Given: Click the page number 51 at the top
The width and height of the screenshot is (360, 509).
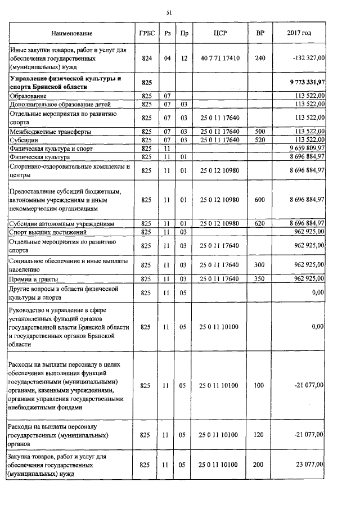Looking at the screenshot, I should click(x=169, y=12).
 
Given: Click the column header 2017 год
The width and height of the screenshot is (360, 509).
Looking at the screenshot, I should click(x=299, y=34).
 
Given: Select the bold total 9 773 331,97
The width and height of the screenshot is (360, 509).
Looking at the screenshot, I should click(x=303, y=83).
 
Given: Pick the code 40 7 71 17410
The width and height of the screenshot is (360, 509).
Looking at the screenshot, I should click(x=220, y=58).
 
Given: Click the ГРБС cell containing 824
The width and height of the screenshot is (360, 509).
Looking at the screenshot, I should click(x=147, y=58).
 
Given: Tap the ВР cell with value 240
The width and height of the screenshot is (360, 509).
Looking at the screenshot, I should click(x=260, y=58).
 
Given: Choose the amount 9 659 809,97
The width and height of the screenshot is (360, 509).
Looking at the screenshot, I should click(x=303, y=148).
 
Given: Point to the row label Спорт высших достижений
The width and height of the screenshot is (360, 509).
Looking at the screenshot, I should click(x=48, y=232).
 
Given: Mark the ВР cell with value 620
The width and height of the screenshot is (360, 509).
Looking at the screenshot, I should click(x=259, y=223).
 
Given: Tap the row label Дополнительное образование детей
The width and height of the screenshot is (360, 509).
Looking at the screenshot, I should click(x=60, y=104).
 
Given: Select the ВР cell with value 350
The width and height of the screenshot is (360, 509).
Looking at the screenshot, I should click(x=259, y=279).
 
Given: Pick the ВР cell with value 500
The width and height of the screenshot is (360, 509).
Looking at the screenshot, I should click(x=259, y=132).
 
